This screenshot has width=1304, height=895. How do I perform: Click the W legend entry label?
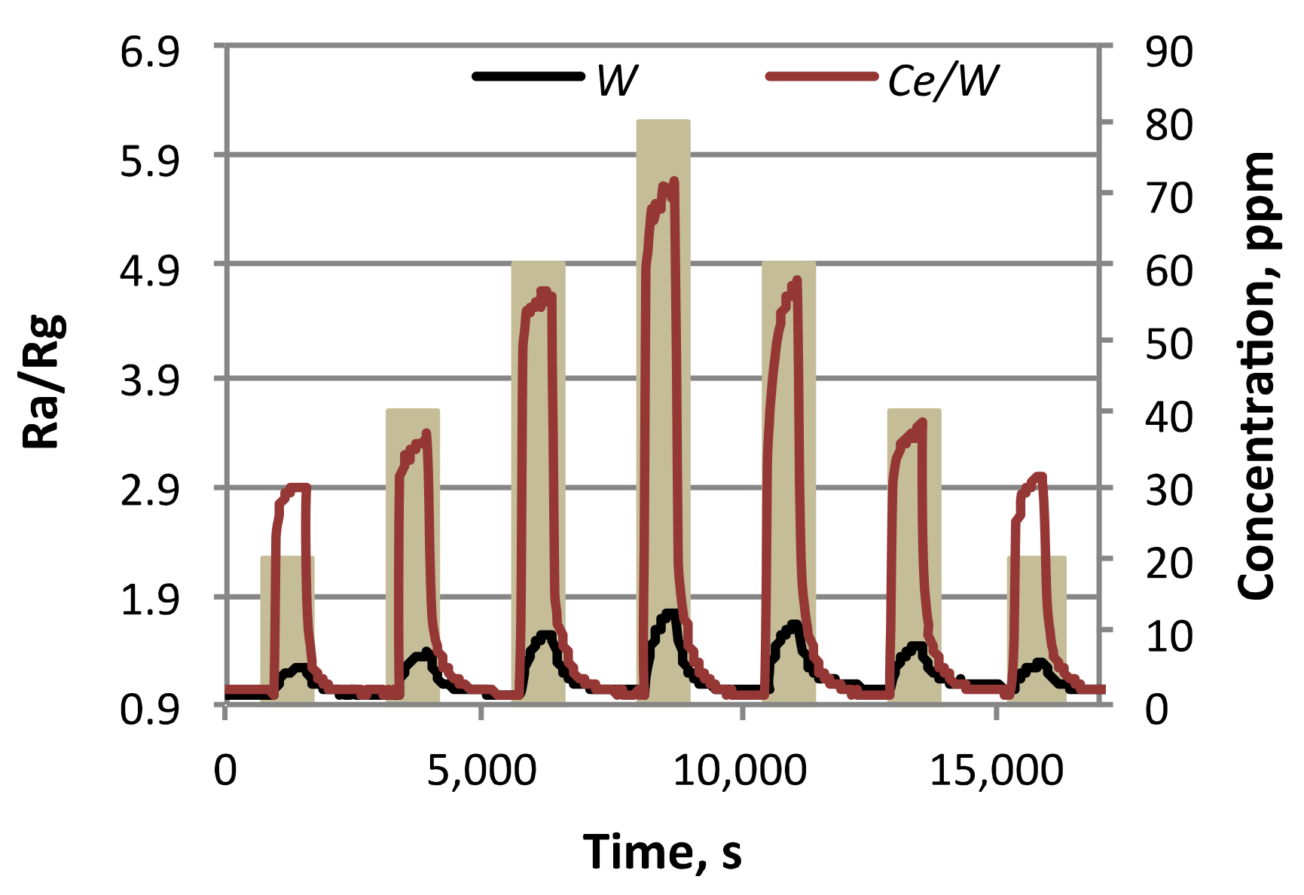tap(617, 80)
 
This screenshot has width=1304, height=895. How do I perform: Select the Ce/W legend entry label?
tap(943, 80)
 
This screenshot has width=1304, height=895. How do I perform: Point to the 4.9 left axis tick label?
tap(150, 270)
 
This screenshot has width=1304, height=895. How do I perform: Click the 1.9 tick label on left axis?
tap(150, 600)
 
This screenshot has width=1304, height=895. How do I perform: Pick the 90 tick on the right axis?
tap(1169, 53)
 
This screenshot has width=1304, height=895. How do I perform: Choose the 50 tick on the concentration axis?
tap(1169, 344)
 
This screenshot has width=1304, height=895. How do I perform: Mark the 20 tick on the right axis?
tap(1169, 563)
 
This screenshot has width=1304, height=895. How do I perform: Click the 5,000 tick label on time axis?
tap(481, 771)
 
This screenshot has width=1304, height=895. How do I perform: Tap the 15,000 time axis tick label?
tap(996, 771)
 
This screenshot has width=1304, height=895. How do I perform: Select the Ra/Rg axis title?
tap(44, 381)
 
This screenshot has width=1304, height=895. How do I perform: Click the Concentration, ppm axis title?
tap(1256, 375)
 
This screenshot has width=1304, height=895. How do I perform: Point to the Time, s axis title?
tap(662, 852)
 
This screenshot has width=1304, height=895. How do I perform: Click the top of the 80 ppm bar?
tap(663, 121)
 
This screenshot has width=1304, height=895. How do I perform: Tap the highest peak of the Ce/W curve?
tap(673, 181)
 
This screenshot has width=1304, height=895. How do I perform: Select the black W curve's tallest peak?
tap(670, 613)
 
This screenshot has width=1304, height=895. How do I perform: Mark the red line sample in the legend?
tap(822, 76)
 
